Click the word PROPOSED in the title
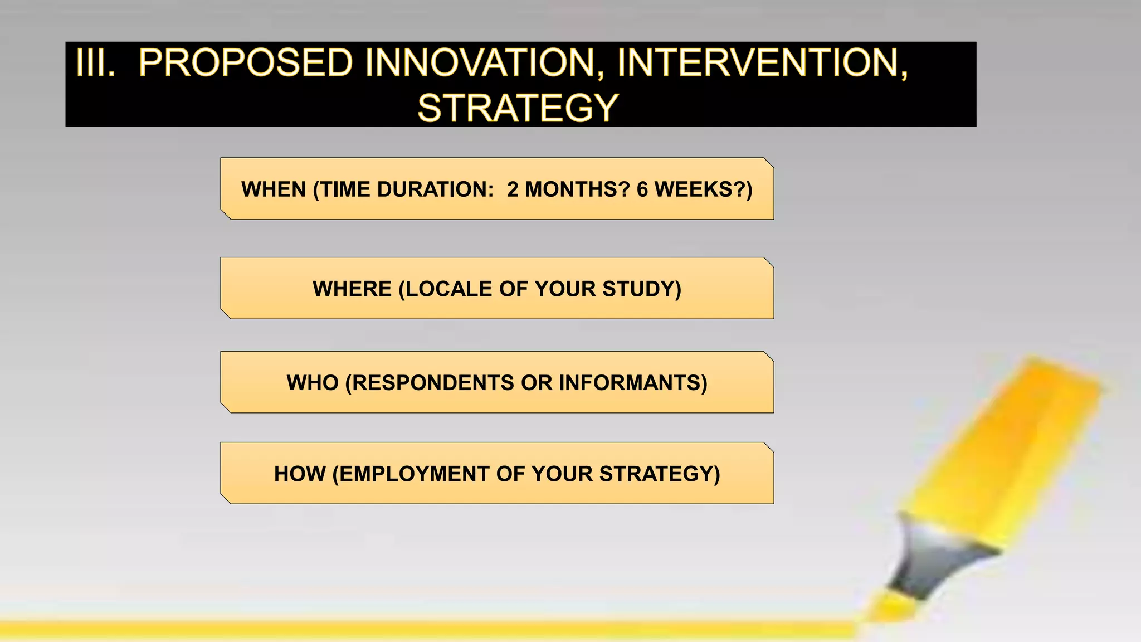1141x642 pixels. coord(245,62)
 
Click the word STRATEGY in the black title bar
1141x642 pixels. coord(518,108)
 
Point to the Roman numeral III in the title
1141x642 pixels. coord(95,62)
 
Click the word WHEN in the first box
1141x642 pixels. coord(274,189)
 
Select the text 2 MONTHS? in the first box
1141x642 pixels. coord(568,189)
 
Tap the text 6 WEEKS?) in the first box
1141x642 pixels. coord(694,189)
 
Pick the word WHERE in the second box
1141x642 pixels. coord(352,289)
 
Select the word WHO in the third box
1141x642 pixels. coord(313,383)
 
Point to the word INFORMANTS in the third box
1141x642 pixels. coord(630,383)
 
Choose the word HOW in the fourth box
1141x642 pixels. coord(300,474)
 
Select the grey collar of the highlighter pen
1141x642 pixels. coord(936,557)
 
